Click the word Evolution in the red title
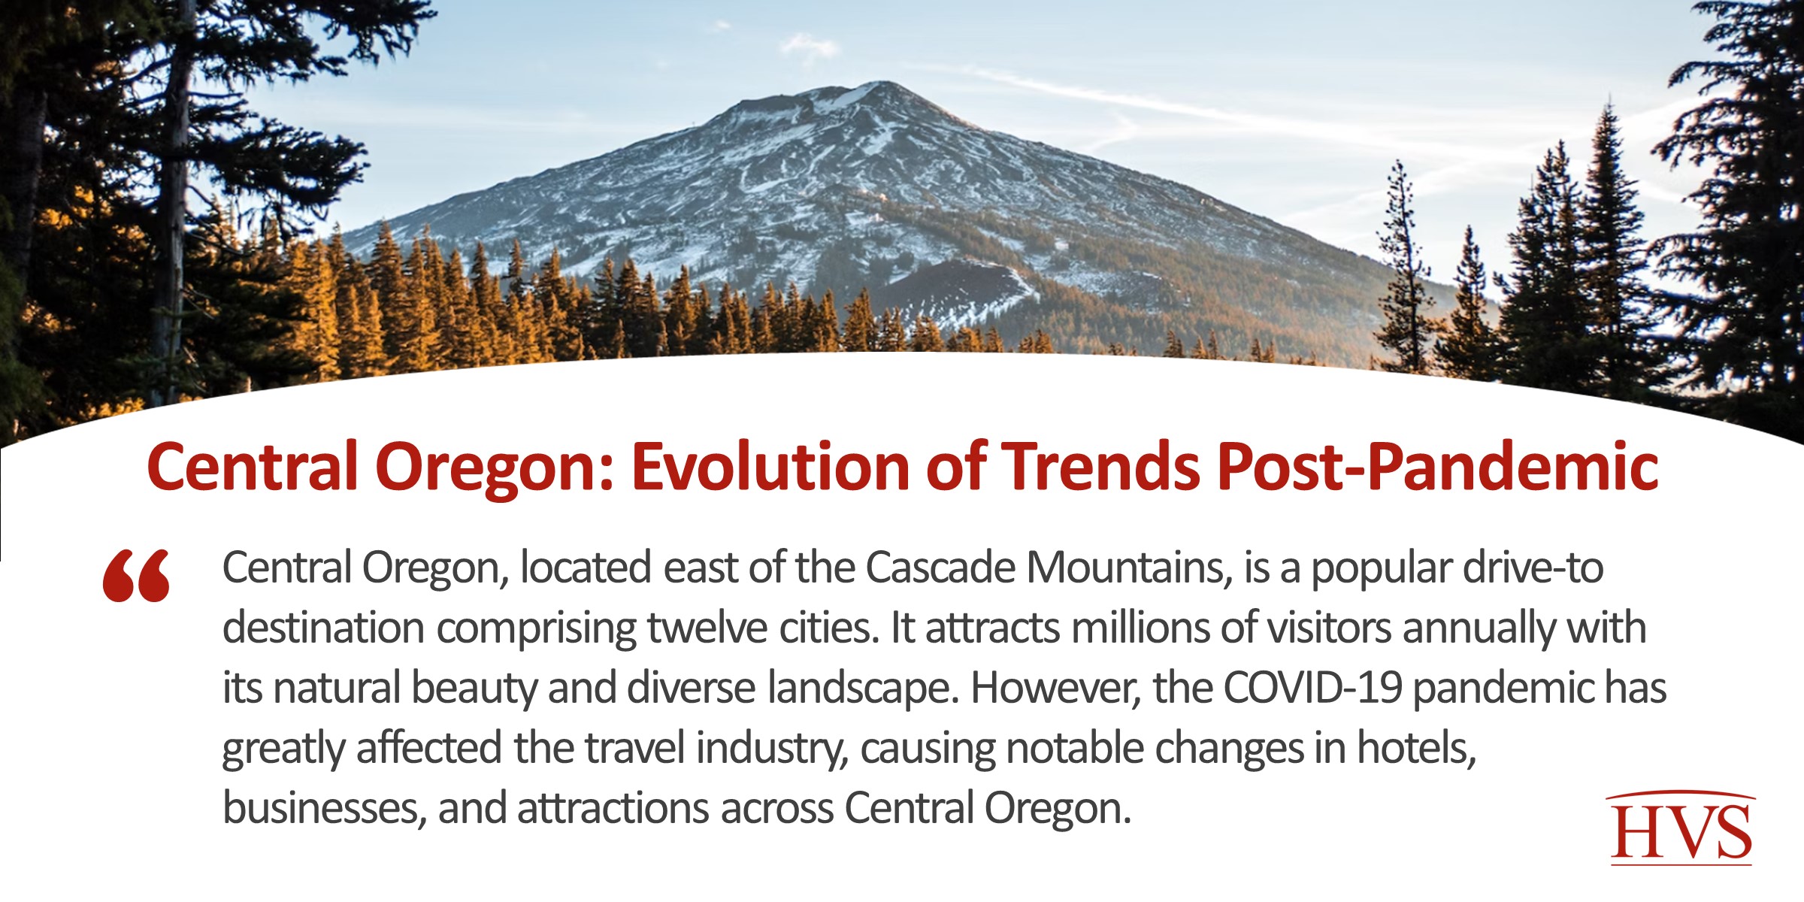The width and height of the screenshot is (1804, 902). pos(770,468)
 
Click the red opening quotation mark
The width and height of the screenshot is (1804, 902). pos(137,576)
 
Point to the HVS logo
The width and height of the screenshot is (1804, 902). pos(1681,828)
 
